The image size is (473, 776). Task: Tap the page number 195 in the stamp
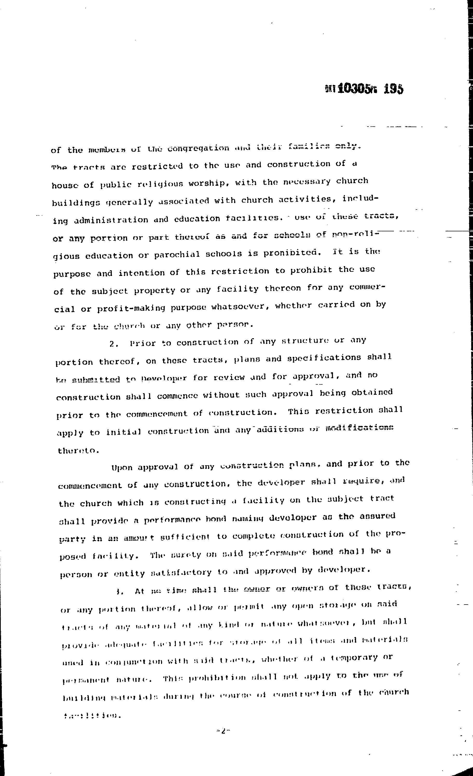click(x=393, y=89)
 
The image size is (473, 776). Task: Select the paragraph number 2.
click(x=113, y=344)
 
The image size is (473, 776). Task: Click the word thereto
click(x=78, y=450)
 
